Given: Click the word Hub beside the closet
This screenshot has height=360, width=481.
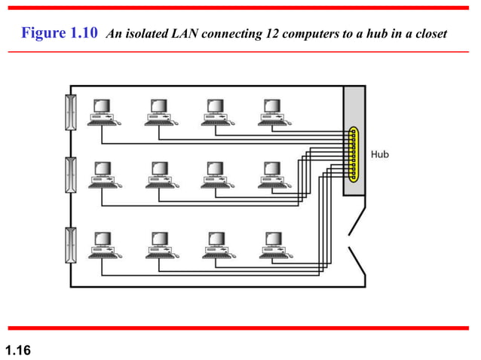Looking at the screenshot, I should coord(379,154).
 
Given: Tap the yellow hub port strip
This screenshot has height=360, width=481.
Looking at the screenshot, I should coord(353,154).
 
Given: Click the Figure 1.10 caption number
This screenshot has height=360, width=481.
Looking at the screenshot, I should coord(60,34).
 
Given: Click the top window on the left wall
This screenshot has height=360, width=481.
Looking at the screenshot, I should coord(70,112).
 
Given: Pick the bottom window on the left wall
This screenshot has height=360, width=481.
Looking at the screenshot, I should coord(70,247).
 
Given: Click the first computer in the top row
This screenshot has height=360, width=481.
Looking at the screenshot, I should coord(103,111).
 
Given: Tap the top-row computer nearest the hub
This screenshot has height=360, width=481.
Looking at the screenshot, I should coord(271,111).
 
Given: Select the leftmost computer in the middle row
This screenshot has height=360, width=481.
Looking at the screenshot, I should coord(103,175).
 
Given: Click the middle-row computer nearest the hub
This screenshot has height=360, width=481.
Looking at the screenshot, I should coord(271,175).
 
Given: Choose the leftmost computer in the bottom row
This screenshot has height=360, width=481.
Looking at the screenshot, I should coord(103,244).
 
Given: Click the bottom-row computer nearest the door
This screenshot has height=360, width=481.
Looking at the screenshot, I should coord(271,244).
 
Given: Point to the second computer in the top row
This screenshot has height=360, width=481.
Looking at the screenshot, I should coord(159,111).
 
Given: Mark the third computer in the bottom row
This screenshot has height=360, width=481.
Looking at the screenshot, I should coord(216,244).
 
